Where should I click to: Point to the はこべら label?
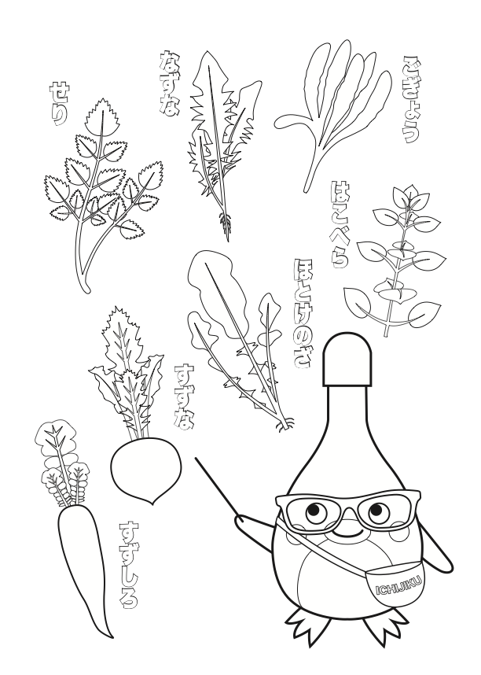339,224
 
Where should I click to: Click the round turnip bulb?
146,469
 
